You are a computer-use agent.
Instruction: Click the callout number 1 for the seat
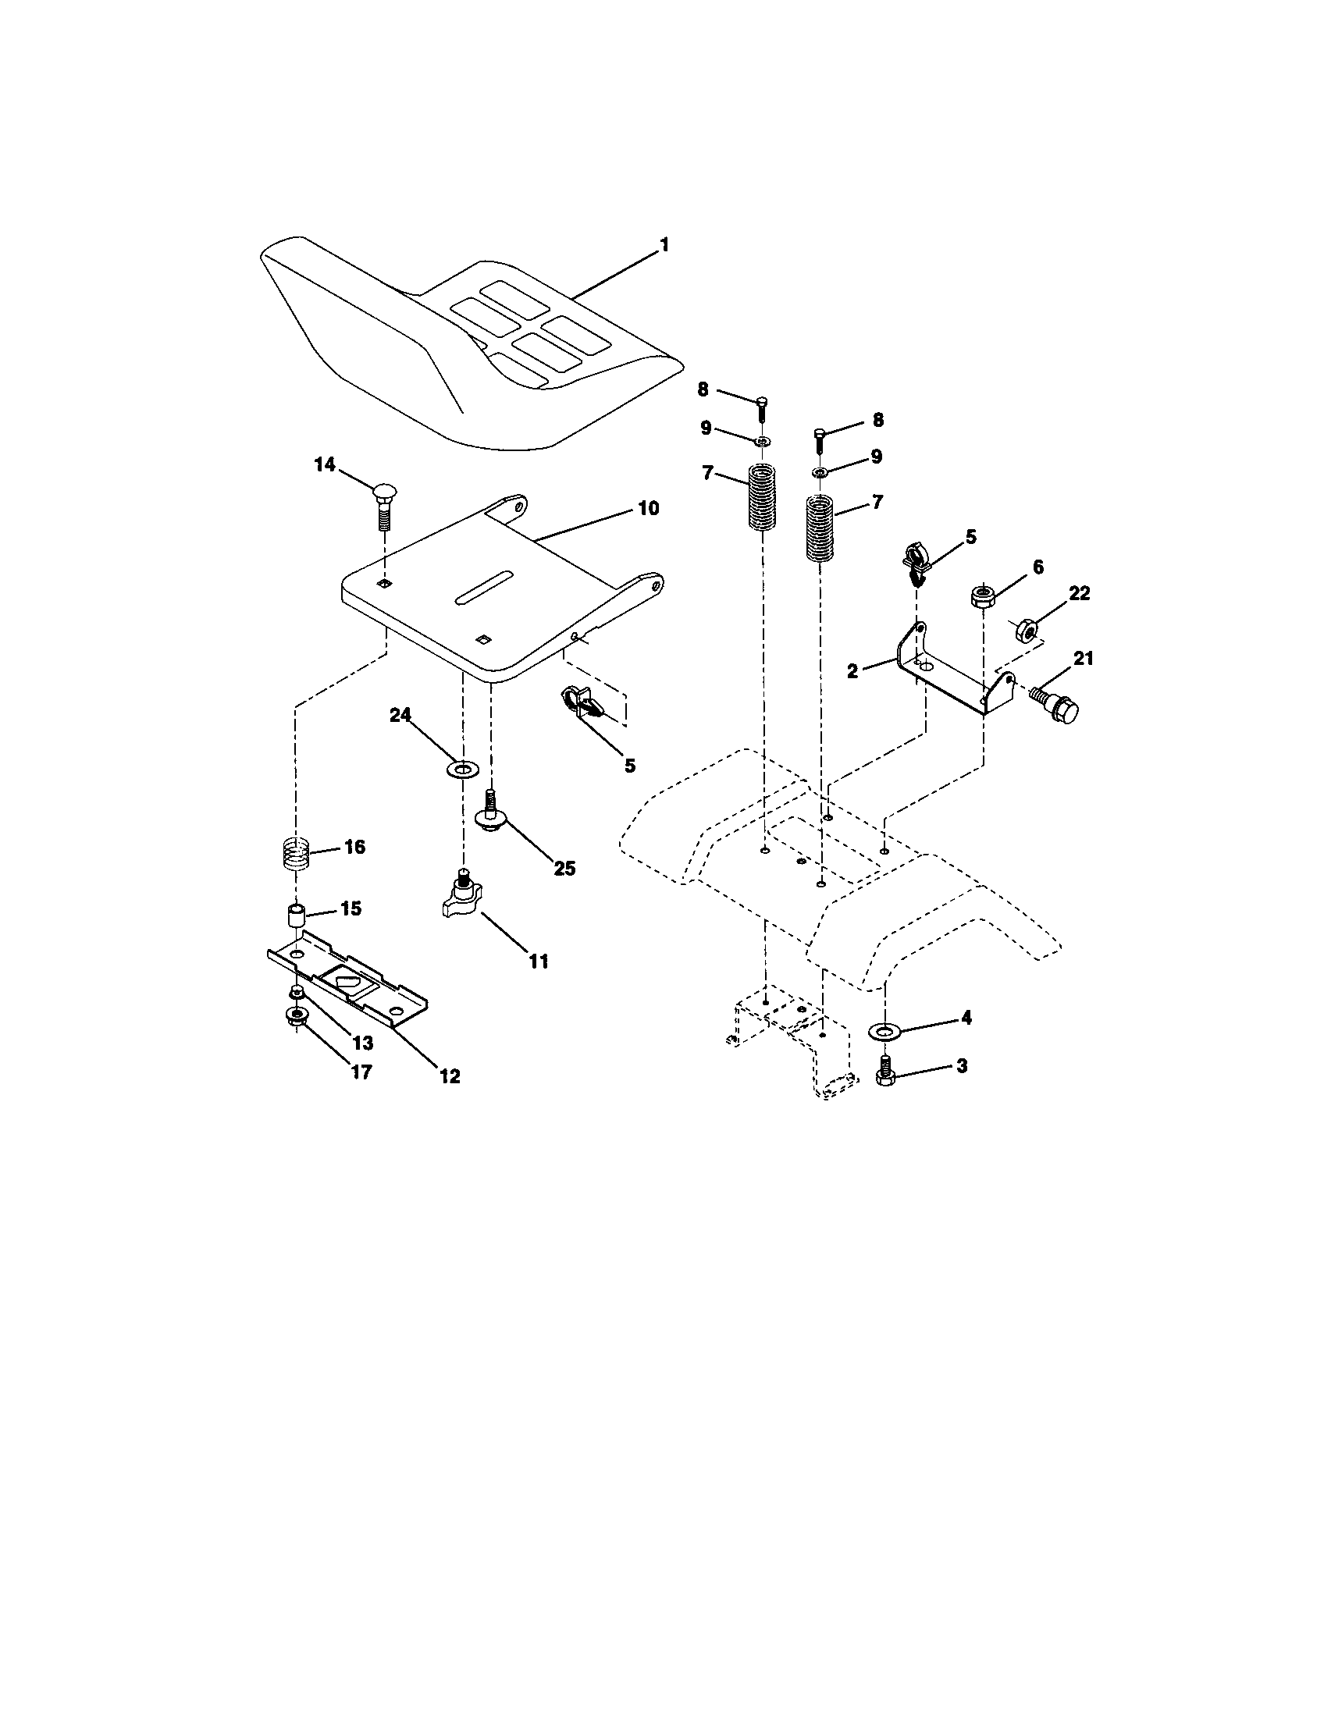click(664, 245)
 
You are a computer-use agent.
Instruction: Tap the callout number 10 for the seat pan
click(648, 508)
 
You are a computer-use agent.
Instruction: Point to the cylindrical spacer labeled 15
click(296, 917)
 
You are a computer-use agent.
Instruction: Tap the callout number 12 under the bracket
click(449, 1076)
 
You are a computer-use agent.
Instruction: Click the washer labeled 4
click(885, 1030)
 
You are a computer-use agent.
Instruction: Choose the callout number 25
click(564, 869)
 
